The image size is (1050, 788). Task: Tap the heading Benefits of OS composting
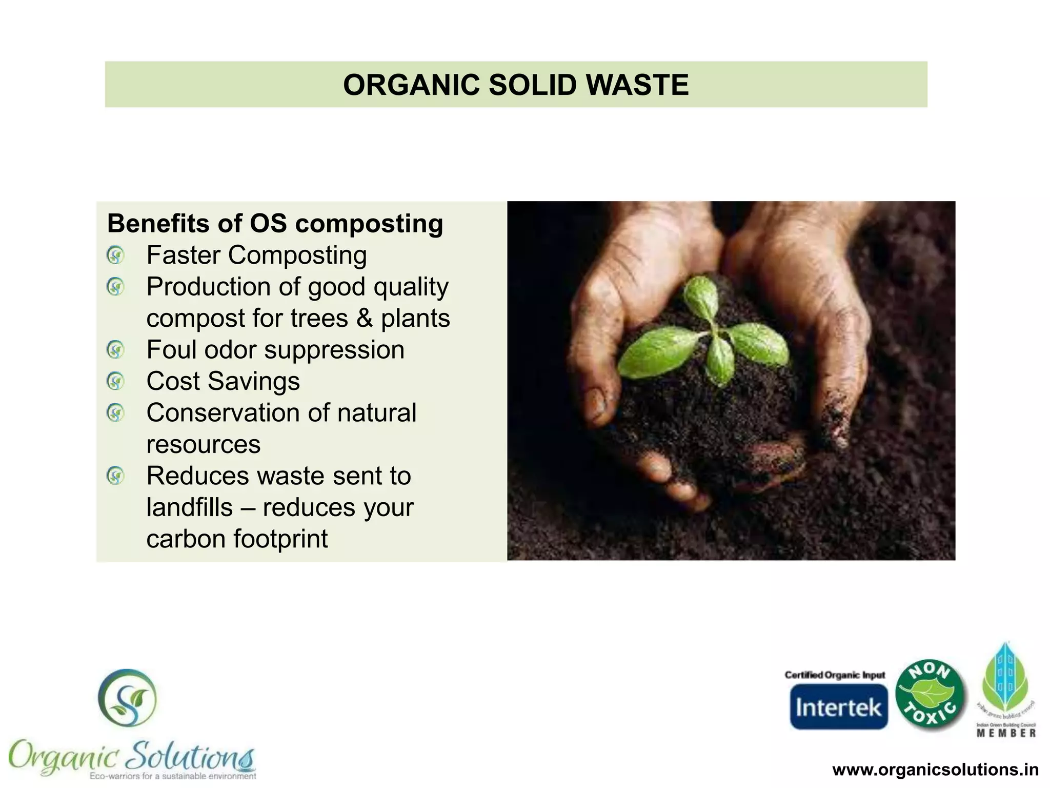coord(275,224)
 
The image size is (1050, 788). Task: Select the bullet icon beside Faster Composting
coord(115,255)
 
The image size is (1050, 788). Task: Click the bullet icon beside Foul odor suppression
coord(115,350)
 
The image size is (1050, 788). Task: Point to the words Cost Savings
coord(223,381)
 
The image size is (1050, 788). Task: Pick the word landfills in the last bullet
coord(189,507)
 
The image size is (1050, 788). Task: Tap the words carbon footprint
coord(236,539)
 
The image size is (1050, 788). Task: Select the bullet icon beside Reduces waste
coord(115,476)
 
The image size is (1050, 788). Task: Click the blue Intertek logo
coord(838,707)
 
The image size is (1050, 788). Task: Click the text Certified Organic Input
coord(835,675)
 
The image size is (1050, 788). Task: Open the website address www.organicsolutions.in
coord(935,770)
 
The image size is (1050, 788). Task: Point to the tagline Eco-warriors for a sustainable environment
coord(172,776)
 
